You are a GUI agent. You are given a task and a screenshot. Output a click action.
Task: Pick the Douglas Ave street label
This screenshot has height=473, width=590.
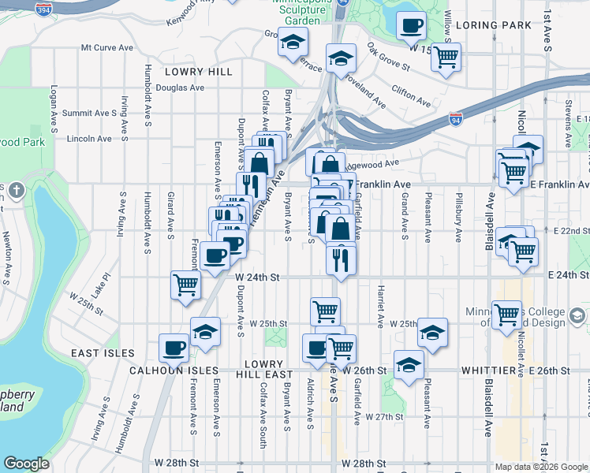[x=177, y=88]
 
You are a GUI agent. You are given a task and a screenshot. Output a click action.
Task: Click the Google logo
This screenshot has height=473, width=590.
[x=26, y=464]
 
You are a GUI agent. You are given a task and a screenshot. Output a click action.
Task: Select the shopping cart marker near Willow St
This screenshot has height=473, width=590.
[x=446, y=57]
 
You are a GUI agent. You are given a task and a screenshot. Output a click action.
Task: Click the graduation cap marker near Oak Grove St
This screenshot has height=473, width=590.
[x=341, y=59]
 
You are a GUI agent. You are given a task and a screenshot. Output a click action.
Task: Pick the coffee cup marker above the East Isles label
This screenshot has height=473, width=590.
[x=174, y=347]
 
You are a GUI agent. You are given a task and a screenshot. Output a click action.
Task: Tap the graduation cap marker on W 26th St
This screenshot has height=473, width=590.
[x=409, y=365]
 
